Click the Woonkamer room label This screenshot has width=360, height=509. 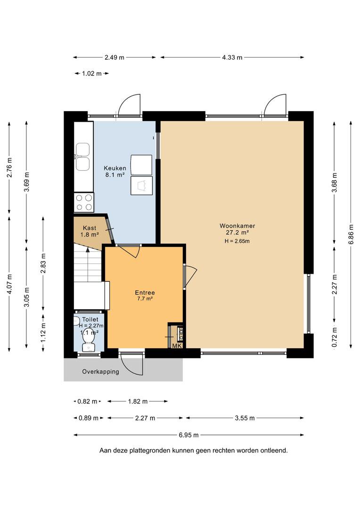tap(237, 226)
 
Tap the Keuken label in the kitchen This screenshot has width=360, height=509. tap(115, 168)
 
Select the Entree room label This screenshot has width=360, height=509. tap(145, 293)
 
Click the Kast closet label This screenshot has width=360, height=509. tap(90, 228)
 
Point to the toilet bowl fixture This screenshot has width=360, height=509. tap(87, 340)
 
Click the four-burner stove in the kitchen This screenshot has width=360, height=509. tap(84, 202)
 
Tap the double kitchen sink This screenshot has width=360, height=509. tap(82, 157)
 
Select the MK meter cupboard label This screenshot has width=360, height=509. tap(177, 346)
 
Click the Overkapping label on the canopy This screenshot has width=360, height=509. tap(101, 372)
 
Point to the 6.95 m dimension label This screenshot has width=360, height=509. tap(188, 435)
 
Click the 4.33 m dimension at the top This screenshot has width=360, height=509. tap(232, 57)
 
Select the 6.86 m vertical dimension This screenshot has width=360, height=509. tap(351, 234)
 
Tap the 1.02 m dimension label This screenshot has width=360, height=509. tap(92, 74)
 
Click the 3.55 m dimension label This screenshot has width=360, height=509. tap(245, 418)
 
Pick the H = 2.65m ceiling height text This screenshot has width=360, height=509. tap(237, 241)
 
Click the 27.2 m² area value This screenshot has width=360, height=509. tap(237, 232)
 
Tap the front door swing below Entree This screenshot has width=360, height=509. tap(131, 365)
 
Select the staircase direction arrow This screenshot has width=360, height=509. tap(88, 249)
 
